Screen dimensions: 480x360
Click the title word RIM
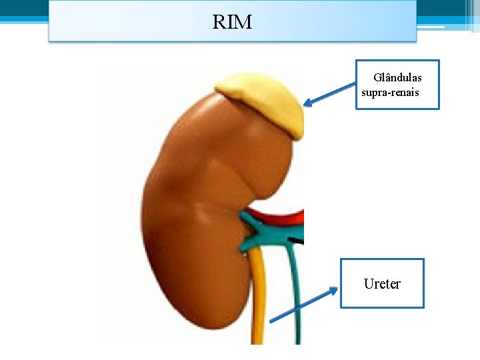click(232, 23)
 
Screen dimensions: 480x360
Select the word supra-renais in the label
click(390, 92)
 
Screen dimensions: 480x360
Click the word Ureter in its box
click(382, 284)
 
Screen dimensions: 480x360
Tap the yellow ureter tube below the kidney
click(259, 300)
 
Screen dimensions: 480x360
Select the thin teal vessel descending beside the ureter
click(293, 300)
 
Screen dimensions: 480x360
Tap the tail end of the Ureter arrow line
click(271, 321)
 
